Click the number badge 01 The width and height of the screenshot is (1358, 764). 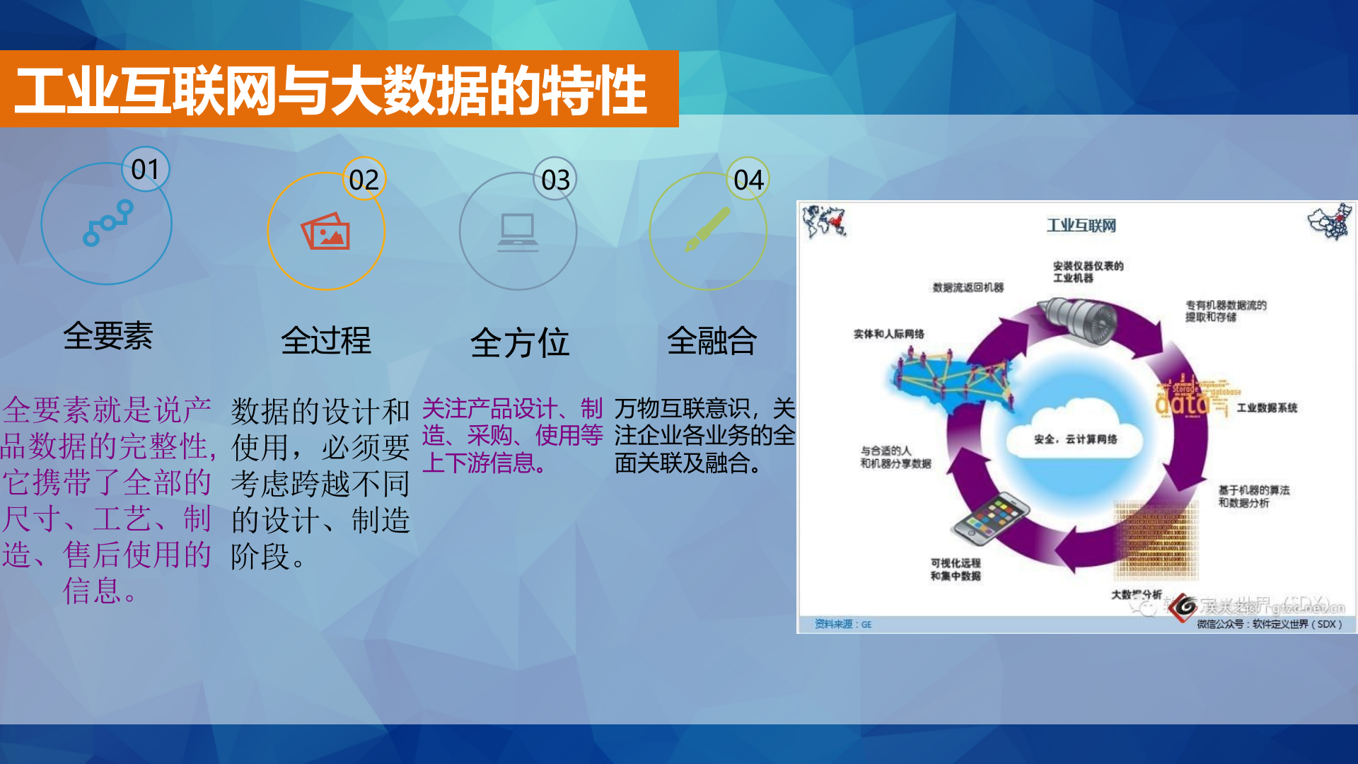[145, 170]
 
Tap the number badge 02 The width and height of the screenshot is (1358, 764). [364, 180]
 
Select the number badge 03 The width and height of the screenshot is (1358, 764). [555, 180]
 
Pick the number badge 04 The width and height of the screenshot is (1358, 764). [748, 180]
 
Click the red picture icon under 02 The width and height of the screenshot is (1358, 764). [326, 231]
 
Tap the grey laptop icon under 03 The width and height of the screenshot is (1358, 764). [518, 232]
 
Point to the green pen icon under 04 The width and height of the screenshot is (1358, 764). [707, 229]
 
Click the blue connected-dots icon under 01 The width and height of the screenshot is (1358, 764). [108, 223]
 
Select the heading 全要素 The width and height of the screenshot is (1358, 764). [108, 335]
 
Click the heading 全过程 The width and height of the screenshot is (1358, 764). [325, 340]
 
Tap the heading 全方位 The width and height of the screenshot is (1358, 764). [519, 343]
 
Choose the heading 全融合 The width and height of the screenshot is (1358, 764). [712, 340]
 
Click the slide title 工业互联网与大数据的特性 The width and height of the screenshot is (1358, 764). [331, 90]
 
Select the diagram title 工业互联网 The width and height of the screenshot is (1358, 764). [1081, 226]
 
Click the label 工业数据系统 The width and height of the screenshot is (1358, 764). [1266, 407]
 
